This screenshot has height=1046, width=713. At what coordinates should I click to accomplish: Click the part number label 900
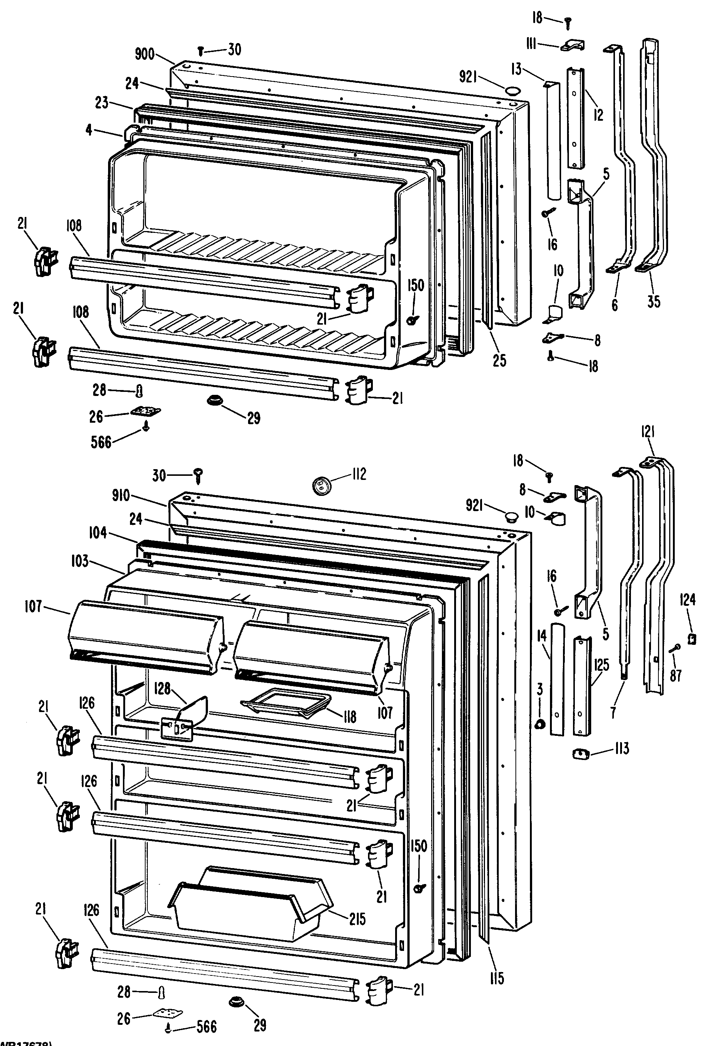144,55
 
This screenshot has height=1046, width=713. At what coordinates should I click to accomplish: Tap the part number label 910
121,496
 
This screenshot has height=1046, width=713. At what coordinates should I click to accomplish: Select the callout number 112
358,474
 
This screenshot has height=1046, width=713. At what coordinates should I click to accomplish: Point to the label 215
357,919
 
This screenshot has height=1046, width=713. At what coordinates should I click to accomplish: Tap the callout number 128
162,688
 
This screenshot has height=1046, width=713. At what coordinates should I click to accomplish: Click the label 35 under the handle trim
654,302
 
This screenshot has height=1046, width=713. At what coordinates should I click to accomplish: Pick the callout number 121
648,432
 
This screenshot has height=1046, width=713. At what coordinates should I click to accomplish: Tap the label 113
621,749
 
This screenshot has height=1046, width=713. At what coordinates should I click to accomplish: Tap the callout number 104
98,533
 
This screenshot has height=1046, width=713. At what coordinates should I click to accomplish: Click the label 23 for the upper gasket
102,103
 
